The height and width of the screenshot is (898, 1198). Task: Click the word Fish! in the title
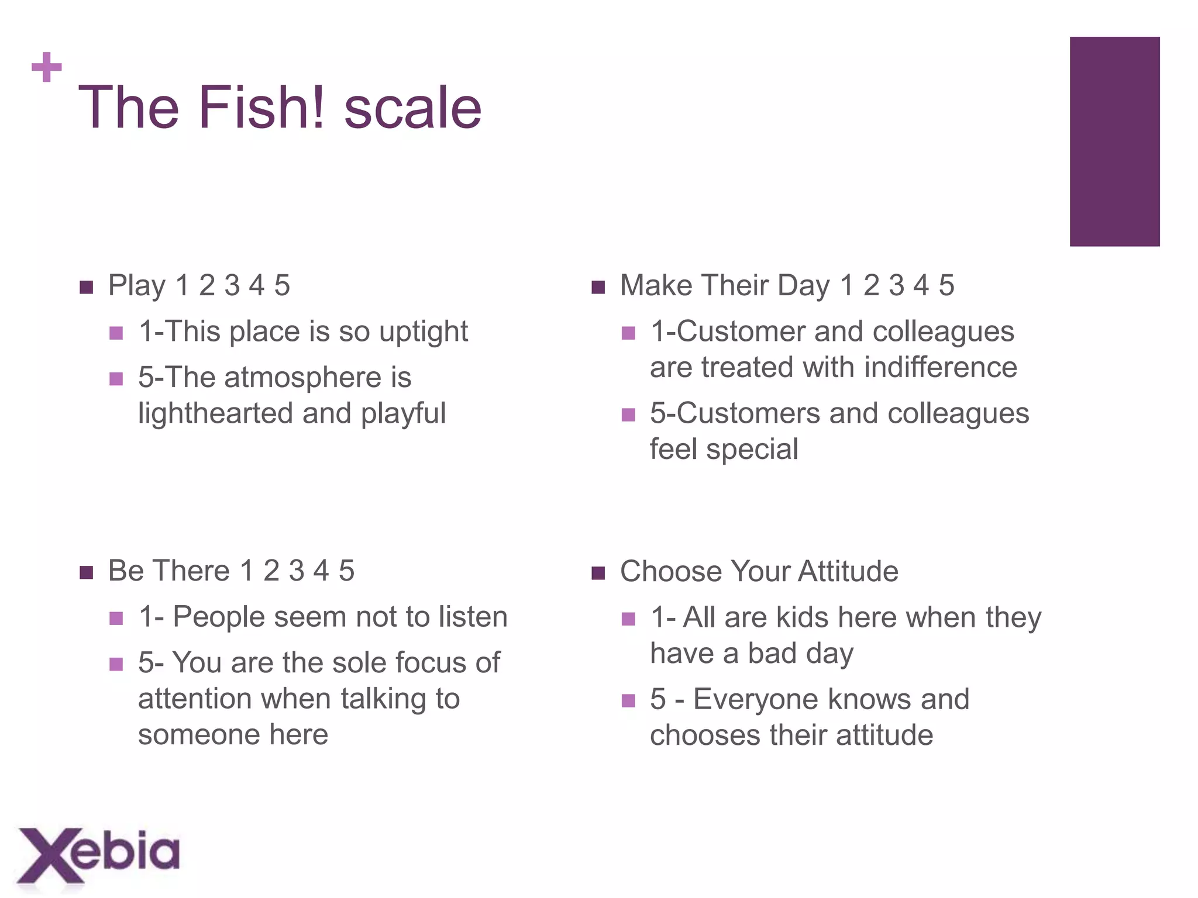pos(261,108)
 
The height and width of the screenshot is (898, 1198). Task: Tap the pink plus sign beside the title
pos(47,67)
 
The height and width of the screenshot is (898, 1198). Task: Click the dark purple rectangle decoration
pos(1114,141)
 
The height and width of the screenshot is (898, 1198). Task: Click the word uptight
pos(424,332)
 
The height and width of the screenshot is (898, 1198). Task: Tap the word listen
pos(473,617)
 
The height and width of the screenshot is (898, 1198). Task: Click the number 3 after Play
pos(232,286)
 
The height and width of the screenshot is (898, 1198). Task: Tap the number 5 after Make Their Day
pos(946,286)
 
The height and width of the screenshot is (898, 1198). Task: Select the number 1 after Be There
pos(247,571)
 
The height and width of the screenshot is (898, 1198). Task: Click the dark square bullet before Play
pos(87,287)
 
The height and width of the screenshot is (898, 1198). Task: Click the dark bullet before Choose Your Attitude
pos(598,573)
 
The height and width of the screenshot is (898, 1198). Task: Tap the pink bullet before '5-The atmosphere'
pos(116,379)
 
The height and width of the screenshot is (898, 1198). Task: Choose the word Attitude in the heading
pos(848,572)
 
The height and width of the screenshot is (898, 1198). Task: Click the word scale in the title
pos(413,108)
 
